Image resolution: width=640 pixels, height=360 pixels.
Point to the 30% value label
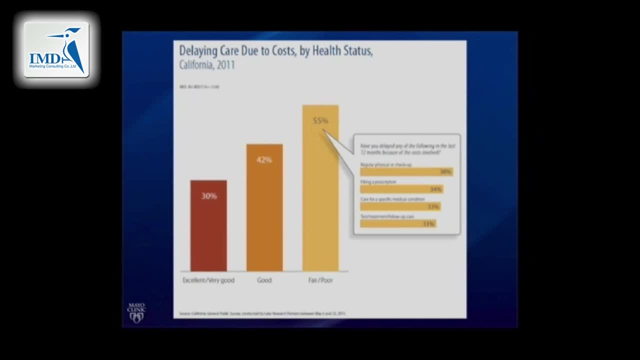pos(209,196)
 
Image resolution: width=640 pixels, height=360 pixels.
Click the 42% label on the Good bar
pos(264,160)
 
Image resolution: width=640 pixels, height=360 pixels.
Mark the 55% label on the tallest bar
pos(320,120)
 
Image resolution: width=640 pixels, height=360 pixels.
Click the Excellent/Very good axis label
pos(208,280)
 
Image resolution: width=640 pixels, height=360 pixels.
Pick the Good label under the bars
pos(264,280)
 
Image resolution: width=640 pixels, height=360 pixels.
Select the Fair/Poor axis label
pos(320,280)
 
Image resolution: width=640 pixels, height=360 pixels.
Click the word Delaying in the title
pos(198,51)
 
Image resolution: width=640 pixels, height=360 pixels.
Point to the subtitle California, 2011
pos(207,65)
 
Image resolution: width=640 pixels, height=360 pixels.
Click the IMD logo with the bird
pos(56,50)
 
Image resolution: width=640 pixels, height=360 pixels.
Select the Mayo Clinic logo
pos(136,312)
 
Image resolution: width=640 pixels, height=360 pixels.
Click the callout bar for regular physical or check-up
pos(406,171)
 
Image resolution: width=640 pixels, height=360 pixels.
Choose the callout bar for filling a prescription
pos(401,189)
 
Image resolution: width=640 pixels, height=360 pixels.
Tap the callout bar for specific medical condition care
pos(400,206)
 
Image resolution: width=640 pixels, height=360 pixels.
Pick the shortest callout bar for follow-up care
pos(398,223)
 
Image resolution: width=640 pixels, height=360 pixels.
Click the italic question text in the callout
pos(407,149)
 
